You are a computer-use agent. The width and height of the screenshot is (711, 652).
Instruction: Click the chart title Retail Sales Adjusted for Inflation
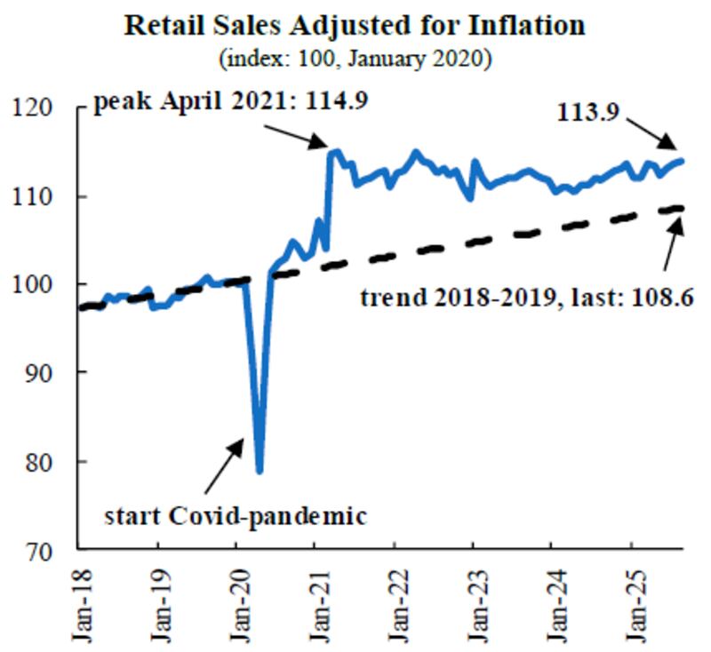tap(355, 24)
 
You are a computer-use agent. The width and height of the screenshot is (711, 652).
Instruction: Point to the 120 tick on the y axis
tap(44, 107)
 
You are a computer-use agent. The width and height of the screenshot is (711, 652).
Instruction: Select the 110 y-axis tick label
tap(44, 195)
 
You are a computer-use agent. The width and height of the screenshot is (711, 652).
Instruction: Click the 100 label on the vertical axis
tap(44, 284)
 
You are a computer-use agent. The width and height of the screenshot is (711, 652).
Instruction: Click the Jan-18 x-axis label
tap(79, 604)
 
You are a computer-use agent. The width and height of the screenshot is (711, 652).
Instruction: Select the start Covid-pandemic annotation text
tap(235, 514)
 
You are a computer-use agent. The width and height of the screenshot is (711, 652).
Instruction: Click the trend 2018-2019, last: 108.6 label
tap(526, 297)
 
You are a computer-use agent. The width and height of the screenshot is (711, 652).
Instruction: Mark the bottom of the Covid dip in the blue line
tap(260, 471)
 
